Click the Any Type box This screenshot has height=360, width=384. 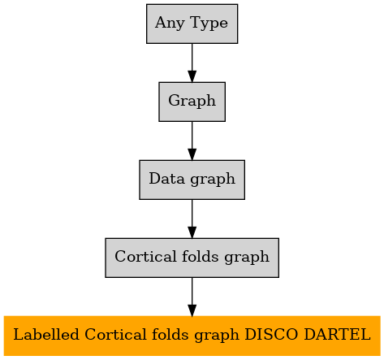(192, 24)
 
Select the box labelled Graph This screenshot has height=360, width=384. (192, 102)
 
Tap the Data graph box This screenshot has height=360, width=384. (192, 180)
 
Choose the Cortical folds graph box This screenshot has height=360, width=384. (192, 258)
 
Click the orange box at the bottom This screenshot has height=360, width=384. (192, 336)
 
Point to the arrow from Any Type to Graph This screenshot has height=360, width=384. (192, 63)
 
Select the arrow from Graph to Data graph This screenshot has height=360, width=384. (192, 141)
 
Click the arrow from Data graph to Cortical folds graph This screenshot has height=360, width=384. (192, 219)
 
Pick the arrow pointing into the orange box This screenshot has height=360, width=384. (192, 297)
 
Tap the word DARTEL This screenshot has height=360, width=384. (337, 334)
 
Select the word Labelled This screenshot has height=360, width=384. (46, 334)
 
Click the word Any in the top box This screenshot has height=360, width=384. (170, 24)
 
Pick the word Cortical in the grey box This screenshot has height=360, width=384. (145, 256)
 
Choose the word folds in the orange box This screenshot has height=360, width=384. (169, 334)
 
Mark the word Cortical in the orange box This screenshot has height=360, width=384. (115, 334)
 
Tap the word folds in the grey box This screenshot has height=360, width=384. (200, 256)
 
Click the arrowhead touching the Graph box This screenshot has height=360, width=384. (192, 76)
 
